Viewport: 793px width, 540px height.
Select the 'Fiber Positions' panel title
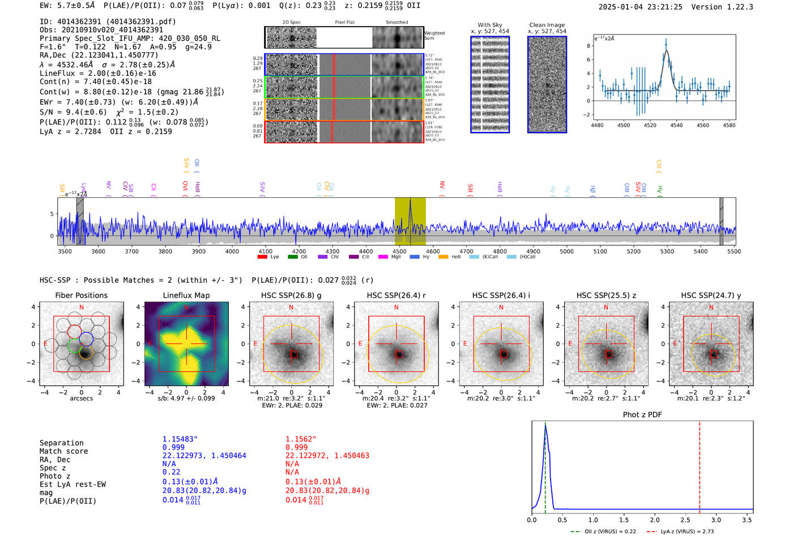(x=81, y=295)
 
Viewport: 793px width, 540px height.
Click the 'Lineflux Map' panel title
(x=186, y=295)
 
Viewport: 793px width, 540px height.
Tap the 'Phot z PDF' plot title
(x=642, y=414)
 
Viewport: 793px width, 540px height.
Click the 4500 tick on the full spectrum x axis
(x=399, y=251)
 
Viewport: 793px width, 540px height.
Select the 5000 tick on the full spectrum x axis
(x=566, y=251)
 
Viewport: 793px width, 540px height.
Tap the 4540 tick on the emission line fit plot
(x=676, y=125)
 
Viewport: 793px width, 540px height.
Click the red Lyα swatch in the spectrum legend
(x=262, y=257)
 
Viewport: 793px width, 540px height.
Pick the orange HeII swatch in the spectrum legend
(x=443, y=257)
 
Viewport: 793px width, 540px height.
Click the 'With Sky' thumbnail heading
(x=490, y=25)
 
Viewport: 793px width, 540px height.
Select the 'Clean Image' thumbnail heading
(x=547, y=25)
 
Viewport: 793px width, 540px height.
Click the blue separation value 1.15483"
(x=180, y=439)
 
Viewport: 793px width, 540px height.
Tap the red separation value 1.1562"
(x=301, y=439)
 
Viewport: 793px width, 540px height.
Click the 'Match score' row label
(x=64, y=451)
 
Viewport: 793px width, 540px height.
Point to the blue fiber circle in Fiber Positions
(x=86, y=339)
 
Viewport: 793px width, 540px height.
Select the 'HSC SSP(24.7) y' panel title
(x=711, y=295)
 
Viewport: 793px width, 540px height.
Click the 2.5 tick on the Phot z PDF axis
(x=685, y=520)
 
